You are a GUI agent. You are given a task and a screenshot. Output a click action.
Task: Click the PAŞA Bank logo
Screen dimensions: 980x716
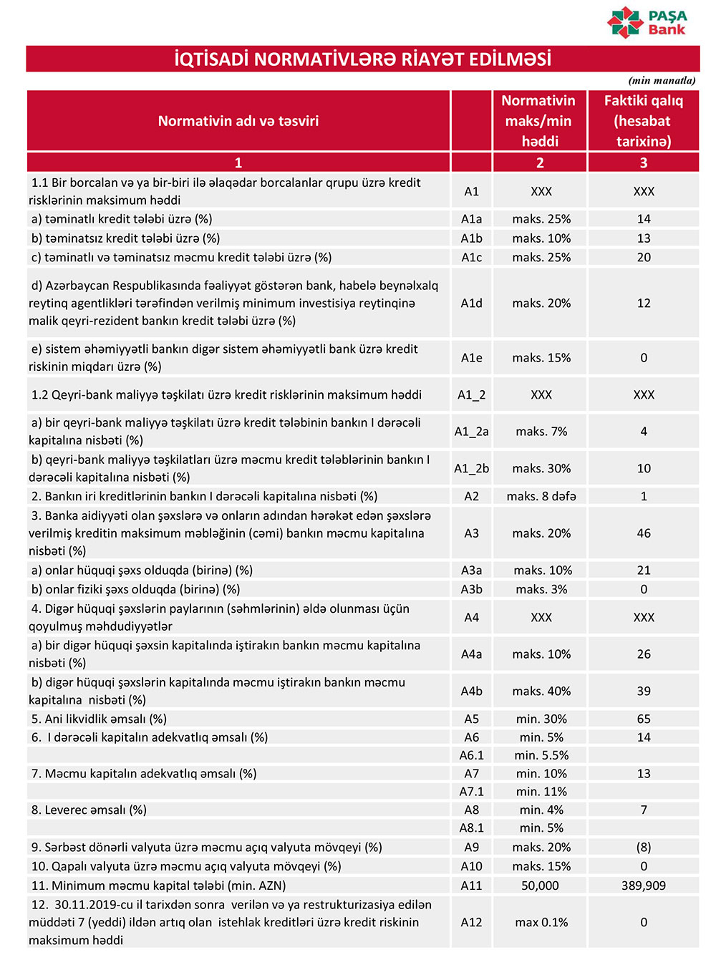coord(647,22)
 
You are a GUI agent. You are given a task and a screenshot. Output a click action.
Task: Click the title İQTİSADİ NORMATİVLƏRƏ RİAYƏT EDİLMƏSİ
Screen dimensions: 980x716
coord(362,59)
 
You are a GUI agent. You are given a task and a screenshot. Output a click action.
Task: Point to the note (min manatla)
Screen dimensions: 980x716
coord(662,80)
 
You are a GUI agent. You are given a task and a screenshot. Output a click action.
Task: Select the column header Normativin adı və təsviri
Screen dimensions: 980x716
coord(238,121)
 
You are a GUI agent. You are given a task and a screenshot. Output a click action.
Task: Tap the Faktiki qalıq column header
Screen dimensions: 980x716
coord(643,121)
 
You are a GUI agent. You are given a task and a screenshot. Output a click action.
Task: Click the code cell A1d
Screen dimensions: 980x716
coord(471,304)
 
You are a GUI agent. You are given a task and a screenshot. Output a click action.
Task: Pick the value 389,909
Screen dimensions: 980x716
coord(643,886)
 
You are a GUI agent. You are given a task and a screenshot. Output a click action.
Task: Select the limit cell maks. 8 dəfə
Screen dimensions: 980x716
coord(541,496)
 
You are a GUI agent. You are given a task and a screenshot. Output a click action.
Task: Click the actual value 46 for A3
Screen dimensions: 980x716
coord(643,533)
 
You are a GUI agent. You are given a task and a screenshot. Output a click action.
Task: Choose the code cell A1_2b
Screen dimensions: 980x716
coord(471,468)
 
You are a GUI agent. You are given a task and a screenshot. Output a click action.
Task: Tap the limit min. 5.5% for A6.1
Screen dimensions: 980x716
coord(541,755)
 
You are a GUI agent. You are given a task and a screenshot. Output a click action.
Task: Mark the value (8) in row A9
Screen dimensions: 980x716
coord(643,847)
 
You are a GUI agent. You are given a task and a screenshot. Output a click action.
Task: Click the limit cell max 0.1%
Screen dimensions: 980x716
coord(541,923)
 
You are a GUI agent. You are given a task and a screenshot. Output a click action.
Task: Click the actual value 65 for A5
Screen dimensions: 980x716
coord(643,719)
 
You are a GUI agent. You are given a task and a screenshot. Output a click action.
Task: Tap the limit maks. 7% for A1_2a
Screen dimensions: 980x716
coord(541,432)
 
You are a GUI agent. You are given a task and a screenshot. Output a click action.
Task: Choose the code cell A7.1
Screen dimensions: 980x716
coord(471,792)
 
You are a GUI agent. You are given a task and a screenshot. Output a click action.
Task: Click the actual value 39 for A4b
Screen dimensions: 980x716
coord(643,692)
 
